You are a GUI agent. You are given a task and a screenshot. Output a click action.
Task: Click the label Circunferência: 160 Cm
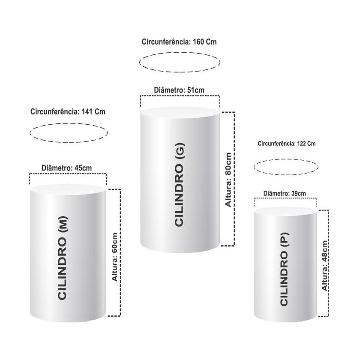[x=179, y=42]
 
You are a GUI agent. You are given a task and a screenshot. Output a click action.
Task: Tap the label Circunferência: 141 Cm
[x=68, y=112]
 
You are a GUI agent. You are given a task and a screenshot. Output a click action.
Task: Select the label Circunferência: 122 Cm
[x=287, y=144]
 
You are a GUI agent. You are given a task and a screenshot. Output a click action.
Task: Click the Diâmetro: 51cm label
[x=179, y=90]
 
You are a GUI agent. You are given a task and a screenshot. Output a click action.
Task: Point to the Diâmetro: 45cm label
[x=66, y=168]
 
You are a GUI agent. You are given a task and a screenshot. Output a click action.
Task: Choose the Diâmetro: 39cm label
[x=285, y=194]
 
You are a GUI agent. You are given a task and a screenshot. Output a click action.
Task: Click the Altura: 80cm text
[x=228, y=180]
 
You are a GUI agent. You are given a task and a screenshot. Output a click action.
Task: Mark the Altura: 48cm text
[x=324, y=266]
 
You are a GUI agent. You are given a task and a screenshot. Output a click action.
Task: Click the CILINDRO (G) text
[x=179, y=185]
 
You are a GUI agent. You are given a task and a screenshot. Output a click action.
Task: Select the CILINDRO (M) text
[x=62, y=258]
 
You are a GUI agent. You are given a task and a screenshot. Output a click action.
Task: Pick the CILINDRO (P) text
[x=284, y=269]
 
